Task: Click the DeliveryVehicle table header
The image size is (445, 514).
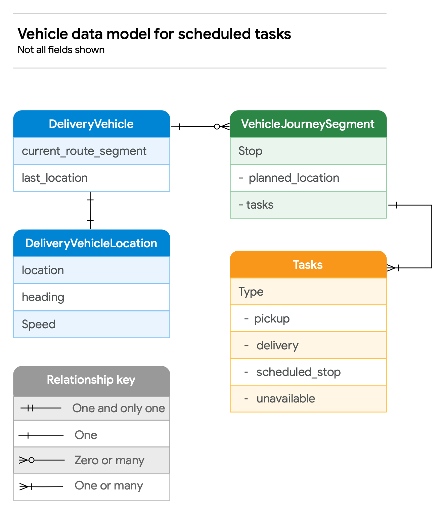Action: (91, 124)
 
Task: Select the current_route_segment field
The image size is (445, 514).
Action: (91, 151)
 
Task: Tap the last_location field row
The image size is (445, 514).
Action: (91, 178)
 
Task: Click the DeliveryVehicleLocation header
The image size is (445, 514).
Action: (91, 243)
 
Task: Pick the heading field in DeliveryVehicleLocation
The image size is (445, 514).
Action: (91, 297)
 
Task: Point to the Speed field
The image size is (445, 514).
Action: (91, 324)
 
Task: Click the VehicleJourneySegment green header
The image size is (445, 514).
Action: (308, 124)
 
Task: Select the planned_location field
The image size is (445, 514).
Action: (308, 178)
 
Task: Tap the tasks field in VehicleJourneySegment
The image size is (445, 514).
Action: (308, 205)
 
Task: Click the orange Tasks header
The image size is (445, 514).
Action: (308, 265)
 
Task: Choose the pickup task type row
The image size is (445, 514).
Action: (308, 318)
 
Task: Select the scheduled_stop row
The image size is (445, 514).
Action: (308, 372)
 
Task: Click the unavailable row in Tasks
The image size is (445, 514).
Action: (308, 398)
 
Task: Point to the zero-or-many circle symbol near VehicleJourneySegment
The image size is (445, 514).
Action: (217, 127)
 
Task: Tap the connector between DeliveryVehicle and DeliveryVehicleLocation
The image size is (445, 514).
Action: (90, 210)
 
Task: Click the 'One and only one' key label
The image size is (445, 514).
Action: (119, 408)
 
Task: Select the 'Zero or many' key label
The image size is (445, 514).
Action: (109, 460)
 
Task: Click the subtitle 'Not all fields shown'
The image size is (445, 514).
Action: (61, 50)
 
